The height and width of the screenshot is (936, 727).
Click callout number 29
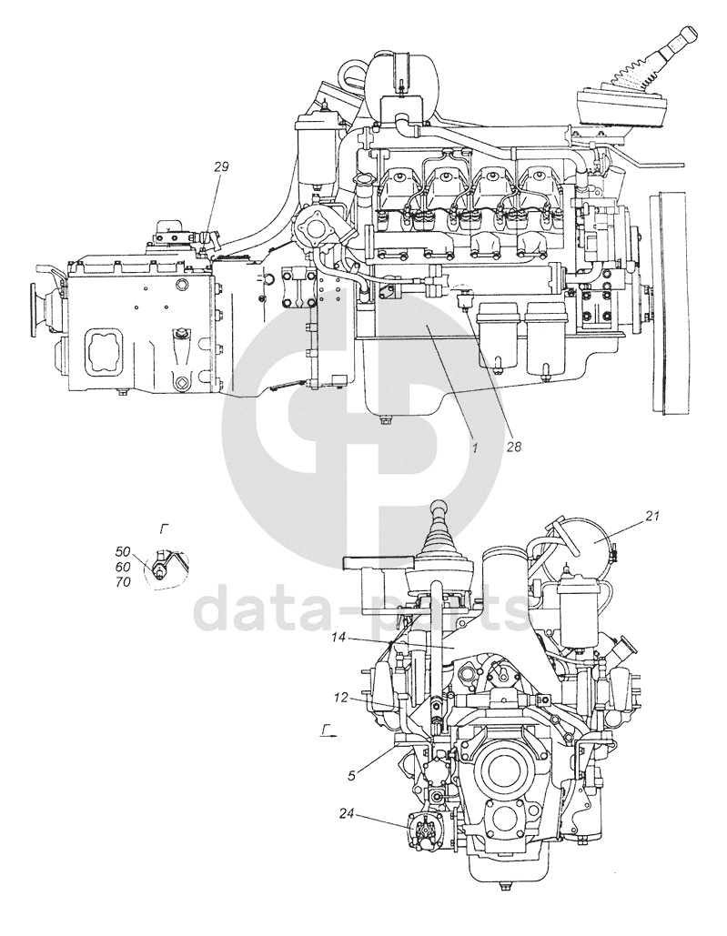coord(221,166)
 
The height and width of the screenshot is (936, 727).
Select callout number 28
coord(514,447)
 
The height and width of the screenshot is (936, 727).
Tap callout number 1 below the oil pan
coord(475,448)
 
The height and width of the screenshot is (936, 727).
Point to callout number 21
coord(651,517)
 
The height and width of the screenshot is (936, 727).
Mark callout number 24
coord(348,812)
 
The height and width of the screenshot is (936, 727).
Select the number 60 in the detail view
coord(124,566)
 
